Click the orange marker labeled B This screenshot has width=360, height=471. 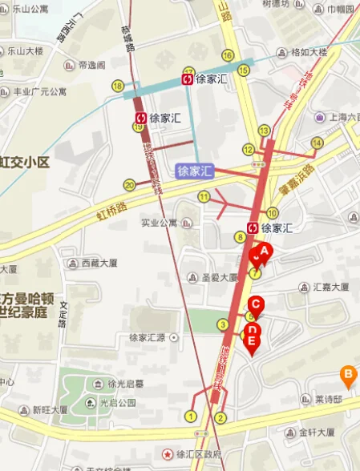[347, 373]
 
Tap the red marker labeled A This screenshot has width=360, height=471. [265, 252]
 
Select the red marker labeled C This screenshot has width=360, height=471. [255, 305]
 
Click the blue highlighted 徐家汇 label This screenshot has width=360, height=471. [196, 171]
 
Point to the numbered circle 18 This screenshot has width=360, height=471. [118, 86]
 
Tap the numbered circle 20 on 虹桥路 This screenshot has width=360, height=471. [129, 185]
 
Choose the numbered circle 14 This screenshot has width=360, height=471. [316, 143]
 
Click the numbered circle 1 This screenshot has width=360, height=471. [191, 415]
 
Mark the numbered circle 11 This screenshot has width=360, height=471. [204, 196]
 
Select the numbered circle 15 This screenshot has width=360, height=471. [229, 55]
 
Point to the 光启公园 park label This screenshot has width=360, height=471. [117, 402]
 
